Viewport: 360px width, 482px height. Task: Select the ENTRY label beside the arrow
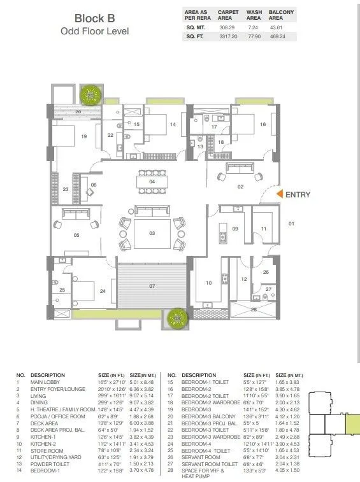pos(298,194)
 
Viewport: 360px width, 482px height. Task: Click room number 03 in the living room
pos(152,233)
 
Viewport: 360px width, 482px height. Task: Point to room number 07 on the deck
pos(152,286)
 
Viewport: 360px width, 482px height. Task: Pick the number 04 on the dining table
pos(152,182)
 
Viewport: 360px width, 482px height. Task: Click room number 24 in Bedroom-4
pos(103,291)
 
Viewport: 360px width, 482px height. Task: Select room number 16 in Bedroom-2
pos(263,125)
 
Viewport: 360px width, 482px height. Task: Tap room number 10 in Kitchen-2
pos(208,283)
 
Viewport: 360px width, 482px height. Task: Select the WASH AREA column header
pos(254,15)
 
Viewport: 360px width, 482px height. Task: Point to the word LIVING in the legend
pos(40,395)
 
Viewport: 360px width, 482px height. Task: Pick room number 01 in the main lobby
pos(292,223)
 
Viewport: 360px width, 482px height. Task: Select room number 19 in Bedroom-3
pos(83,136)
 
